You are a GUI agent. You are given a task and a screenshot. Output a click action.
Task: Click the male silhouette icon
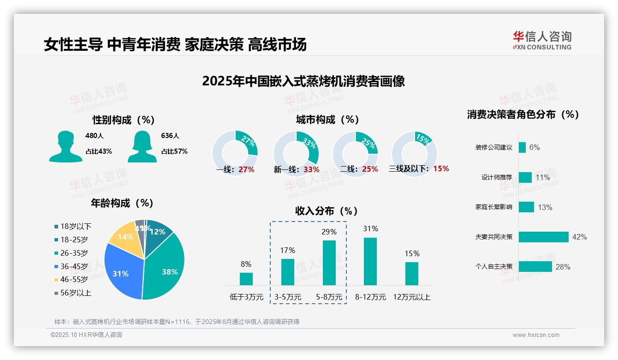(65, 146)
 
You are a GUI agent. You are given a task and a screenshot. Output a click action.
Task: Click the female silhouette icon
(142, 146)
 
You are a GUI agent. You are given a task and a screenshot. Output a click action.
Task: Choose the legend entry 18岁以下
(72, 226)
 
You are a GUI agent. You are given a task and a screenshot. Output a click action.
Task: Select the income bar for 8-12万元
(370, 261)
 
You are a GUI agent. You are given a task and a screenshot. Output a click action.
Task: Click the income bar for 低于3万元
(246, 279)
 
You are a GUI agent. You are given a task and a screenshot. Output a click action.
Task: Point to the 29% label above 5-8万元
(329, 232)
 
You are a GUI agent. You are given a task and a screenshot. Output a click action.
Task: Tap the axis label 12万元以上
(411, 297)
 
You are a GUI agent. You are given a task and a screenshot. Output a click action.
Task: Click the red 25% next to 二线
(370, 169)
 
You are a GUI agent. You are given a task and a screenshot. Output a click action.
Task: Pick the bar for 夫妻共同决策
(543, 237)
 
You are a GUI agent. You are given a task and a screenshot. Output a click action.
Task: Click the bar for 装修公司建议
(522, 147)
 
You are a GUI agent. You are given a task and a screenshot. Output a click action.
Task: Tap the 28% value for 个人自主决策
(563, 267)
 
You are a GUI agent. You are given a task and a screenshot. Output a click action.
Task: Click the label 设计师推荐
(496, 177)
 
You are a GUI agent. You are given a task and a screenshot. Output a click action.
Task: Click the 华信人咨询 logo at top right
(542, 40)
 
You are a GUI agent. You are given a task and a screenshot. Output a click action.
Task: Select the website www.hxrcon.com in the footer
(536, 335)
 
